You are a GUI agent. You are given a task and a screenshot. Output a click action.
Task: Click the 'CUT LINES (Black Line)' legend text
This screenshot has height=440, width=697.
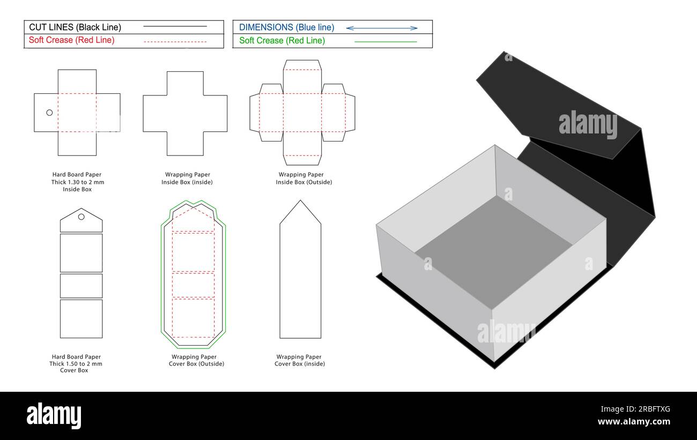75,27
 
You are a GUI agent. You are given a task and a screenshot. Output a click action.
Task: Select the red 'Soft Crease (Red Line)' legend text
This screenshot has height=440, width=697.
71,40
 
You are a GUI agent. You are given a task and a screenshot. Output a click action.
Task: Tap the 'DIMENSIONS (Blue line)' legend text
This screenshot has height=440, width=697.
286,27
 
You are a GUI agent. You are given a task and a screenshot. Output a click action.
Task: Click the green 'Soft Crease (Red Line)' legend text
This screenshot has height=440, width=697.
281,41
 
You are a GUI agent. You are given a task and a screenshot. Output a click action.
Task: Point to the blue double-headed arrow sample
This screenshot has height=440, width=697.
382,28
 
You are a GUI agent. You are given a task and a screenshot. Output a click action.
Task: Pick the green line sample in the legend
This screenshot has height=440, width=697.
385,41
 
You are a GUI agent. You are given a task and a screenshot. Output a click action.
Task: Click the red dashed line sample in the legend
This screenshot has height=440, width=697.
175,41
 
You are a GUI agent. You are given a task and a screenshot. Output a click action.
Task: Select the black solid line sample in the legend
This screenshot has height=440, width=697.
175,26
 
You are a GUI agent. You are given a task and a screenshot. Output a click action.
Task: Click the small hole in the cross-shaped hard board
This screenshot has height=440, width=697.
49,113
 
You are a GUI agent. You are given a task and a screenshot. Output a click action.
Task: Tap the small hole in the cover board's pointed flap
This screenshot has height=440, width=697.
81,217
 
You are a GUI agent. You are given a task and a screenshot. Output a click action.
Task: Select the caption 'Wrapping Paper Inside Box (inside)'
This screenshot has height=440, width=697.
187,178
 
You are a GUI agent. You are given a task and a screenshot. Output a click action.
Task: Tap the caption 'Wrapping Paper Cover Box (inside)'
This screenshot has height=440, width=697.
299,360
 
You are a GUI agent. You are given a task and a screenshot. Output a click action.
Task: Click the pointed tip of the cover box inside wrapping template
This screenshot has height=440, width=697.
300,202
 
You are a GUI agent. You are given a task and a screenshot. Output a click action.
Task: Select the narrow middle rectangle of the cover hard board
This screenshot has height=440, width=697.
81,286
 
